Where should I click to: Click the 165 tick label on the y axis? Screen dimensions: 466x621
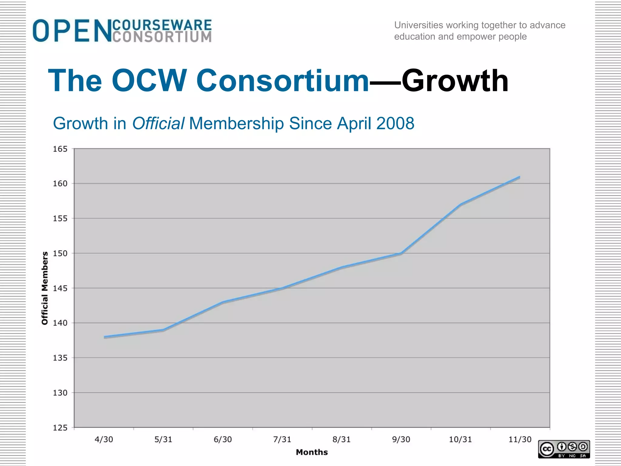pos(60,149)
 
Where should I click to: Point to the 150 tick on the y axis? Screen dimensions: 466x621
pos(60,253)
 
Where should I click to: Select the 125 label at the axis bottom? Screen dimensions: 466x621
pos(60,428)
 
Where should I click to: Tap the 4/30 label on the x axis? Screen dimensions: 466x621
pos(104,440)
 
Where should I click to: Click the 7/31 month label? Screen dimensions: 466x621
pos(282,440)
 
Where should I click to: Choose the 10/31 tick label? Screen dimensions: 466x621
pos(460,440)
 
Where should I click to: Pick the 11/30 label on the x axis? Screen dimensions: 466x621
pos(520,440)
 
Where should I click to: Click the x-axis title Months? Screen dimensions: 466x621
pos(312,452)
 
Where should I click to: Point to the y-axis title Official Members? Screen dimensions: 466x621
pos(45,288)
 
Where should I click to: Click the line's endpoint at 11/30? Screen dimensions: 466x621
pos(519,177)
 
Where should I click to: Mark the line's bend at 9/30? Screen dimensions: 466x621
pos(401,253)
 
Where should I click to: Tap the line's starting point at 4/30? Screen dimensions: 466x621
pos(104,337)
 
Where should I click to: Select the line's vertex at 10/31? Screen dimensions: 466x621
pos(460,205)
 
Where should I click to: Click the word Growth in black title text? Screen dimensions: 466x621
pos(455,81)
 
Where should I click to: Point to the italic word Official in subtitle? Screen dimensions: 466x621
pos(158,123)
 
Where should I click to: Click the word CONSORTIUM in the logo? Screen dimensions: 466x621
pos(162,37)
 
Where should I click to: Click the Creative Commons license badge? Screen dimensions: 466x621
pos(564,449)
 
